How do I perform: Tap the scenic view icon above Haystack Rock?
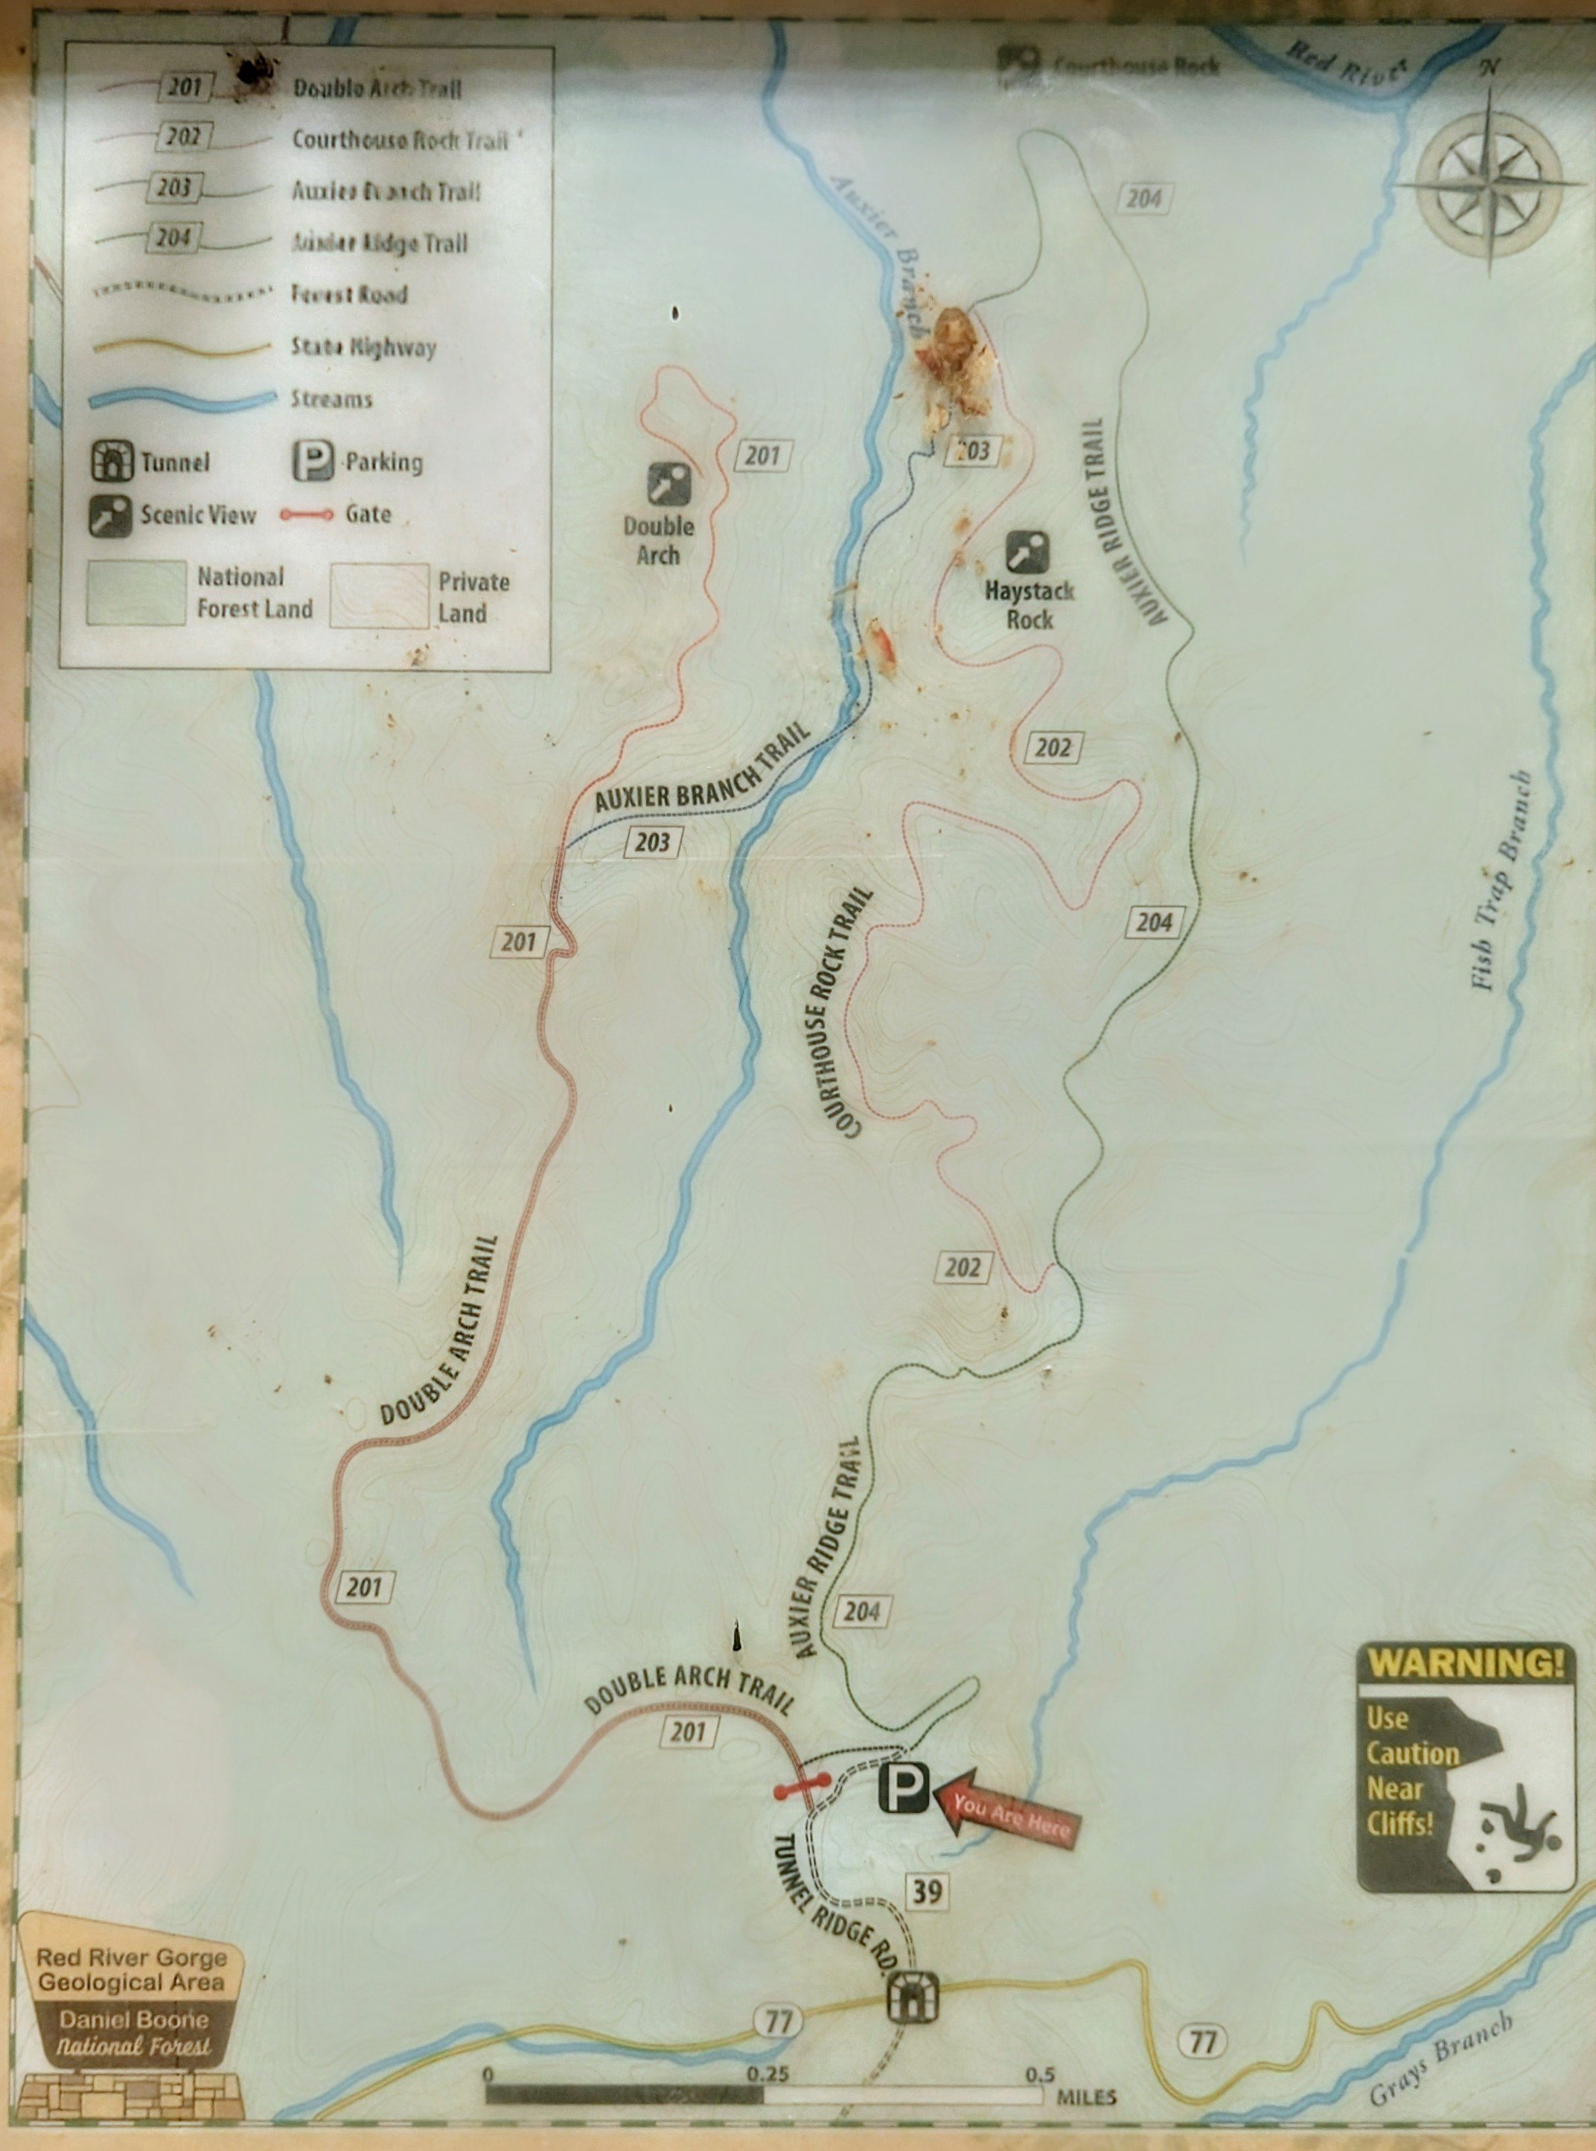tap(1027, 552)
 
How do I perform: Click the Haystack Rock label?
tap(1029, 605)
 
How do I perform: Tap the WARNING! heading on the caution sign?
tap(1464, 1663)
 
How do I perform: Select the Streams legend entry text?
tap(331, 399)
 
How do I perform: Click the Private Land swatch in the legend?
tap(379, 596)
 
